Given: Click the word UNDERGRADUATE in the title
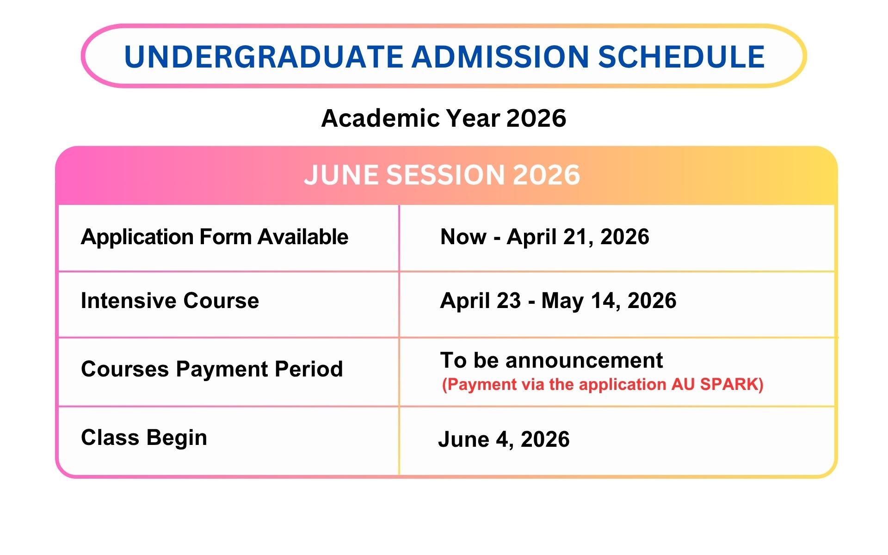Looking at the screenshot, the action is coord(264,57).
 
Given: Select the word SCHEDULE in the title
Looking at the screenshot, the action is coord(681,57).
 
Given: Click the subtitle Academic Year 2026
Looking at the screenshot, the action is coord(444,118).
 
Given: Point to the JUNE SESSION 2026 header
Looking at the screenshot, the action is coord(442,175).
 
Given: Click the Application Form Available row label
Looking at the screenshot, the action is coord(215,237).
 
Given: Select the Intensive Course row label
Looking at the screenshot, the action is coord(170,301).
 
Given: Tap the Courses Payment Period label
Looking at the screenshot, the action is coord(212,369).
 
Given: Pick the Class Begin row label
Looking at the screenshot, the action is coord(144,438).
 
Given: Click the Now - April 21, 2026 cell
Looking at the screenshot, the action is coord(545,237).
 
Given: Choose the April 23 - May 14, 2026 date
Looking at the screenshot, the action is coord(558,301).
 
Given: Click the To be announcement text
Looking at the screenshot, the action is coord(551,360).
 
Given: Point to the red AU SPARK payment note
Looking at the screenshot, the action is coord(603,384).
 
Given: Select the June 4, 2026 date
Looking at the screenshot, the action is coord(504,439).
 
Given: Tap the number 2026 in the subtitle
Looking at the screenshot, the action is coord(536,118).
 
